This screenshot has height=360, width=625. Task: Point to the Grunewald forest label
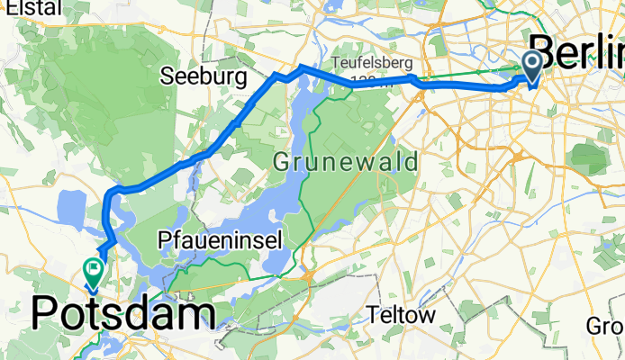(347, 164)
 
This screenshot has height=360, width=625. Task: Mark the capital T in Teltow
(376, 316)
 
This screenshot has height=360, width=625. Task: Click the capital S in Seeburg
(168, 78)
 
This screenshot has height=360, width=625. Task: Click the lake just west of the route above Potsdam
(74, 209)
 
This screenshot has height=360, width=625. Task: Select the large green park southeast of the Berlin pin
(590, 159)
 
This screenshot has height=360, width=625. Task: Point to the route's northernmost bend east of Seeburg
(301, 67)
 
